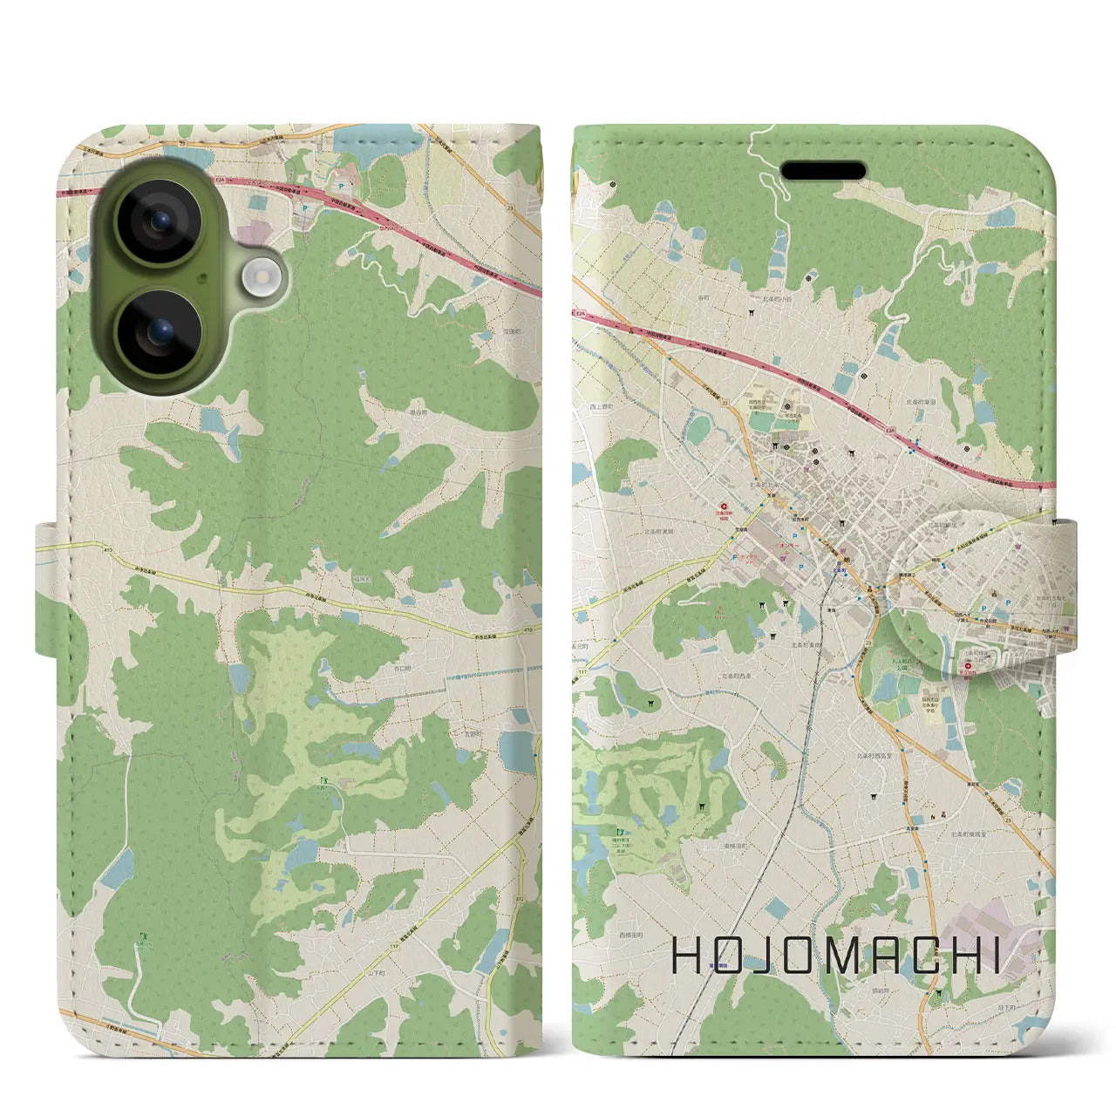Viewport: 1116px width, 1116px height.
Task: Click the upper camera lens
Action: pos(160,221)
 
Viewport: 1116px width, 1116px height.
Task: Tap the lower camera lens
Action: pos(160,331)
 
